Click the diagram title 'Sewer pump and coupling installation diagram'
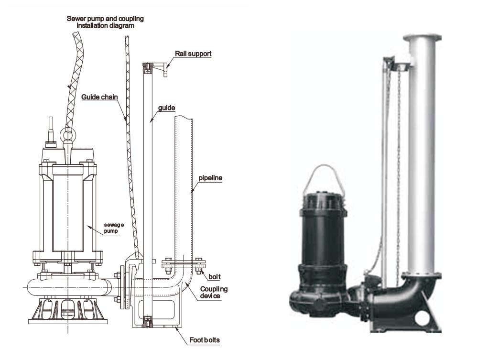tap(106, 22)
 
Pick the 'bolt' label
tap(214, 276)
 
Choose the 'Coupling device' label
tap(213, 293)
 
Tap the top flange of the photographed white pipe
tap(422, 38)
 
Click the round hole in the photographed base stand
tap(422, 316)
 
